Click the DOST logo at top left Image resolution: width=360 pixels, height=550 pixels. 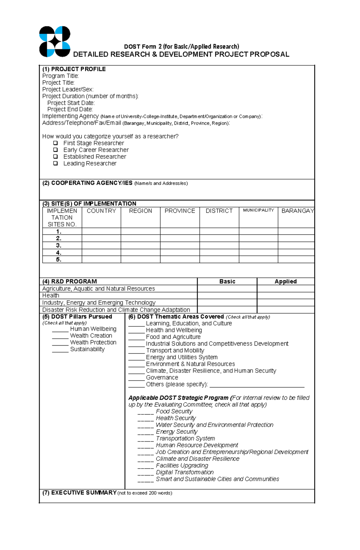[x=55, y=42]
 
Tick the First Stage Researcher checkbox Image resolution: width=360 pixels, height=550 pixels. [x=55, y=143]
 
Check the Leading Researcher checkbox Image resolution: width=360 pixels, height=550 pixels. [x=55, y=163]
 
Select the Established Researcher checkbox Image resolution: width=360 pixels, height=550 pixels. [x=55, y=156]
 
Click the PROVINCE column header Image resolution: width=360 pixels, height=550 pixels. [x=180, y=211]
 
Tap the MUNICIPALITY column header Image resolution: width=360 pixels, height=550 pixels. [x=258, y=210]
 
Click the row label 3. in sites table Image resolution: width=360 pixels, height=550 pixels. [x=59, y=245]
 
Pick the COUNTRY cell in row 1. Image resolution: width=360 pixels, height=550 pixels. [x=101, y=231]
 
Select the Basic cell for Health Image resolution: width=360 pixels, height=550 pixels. [x=227, y=296]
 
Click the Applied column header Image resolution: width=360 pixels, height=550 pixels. [x=285, y=281]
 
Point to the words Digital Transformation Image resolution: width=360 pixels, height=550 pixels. [x=184, y=472]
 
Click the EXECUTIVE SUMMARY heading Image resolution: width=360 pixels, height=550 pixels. [x=79, y=493]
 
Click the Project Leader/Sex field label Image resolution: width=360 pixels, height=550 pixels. [x=68, y=89]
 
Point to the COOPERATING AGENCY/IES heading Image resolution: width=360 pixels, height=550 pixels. [x=87, y=183]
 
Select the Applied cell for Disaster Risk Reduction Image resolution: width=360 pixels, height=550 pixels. [x=285, y=310]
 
